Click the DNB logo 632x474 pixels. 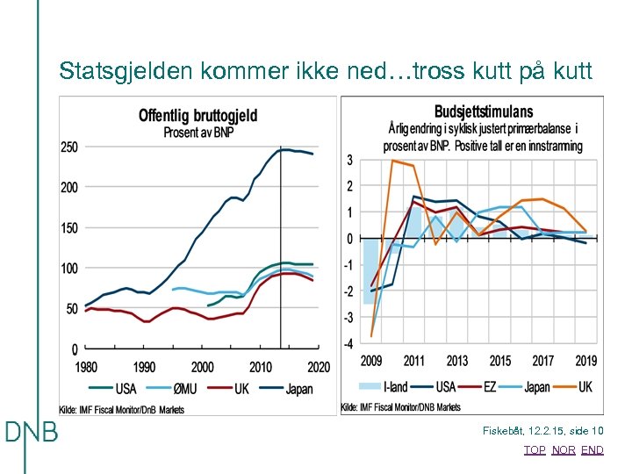point(32,433)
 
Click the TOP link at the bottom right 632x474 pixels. point(534,450)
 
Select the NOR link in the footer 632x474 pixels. point(564,450)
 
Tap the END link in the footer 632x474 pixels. point(592,450)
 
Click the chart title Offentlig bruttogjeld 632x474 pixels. point(197,116)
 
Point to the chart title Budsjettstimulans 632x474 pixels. point(484,111)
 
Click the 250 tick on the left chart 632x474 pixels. point(68,147)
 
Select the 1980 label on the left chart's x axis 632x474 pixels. point(86,367)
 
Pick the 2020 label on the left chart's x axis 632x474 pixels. point(319,367)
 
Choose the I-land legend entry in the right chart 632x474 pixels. point(386,387)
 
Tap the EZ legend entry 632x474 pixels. point(487,387)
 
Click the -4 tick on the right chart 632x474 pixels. point(348,344)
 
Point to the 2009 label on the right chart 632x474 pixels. point(371,361)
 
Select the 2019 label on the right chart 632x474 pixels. point(585,361)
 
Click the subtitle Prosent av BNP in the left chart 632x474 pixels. point(197,133)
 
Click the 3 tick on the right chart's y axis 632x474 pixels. point(349,160)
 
